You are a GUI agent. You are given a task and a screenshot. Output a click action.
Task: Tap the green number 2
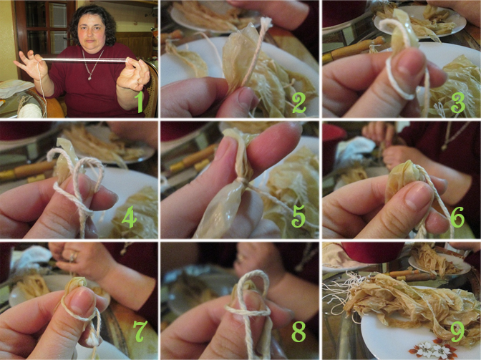[298, 103]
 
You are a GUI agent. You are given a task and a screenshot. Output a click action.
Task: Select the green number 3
[458, 103]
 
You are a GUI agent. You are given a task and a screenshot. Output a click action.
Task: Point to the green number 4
[129, 217]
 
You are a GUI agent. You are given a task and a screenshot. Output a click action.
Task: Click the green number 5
[298, 216]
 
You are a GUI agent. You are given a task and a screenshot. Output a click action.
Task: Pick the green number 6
[457, 217]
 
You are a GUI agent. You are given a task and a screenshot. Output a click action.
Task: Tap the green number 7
[140, 331]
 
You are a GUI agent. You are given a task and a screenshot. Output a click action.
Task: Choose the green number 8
[298, 331]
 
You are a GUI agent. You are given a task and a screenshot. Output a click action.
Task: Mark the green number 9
[457, 331]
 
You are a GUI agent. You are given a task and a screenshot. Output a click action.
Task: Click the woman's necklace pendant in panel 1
[89, 79]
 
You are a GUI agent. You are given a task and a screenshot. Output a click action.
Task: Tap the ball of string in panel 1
[30, 111]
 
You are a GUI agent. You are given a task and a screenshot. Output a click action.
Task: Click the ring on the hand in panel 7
[74, 257]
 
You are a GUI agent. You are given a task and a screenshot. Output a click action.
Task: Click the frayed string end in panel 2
[266, 21]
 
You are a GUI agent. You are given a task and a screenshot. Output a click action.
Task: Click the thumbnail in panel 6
[417, 196]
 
